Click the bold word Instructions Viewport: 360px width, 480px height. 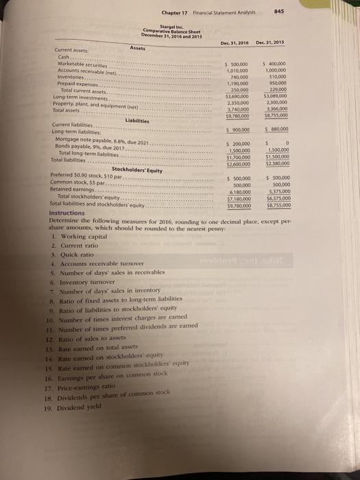[71, 213]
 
